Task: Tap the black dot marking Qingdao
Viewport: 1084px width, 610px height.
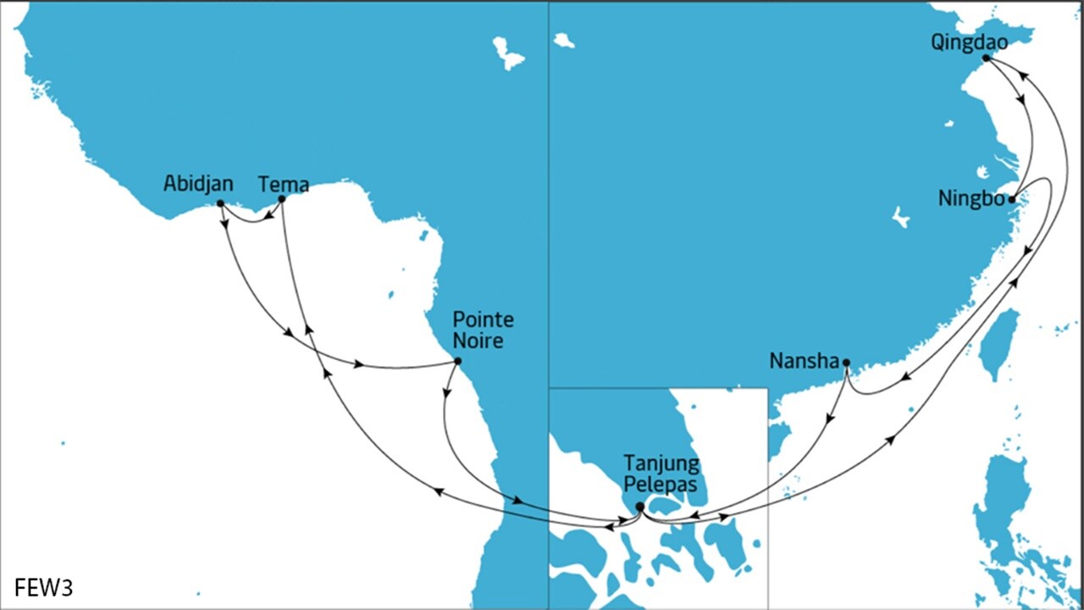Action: click(x=986, y=58)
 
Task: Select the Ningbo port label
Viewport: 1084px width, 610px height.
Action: click(x=971, y=199)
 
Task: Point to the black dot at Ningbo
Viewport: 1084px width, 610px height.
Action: click(x=1012, y=200)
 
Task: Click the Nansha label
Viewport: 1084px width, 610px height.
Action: click(x=803, y=361)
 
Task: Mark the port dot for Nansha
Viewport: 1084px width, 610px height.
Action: click(x=846, y=363)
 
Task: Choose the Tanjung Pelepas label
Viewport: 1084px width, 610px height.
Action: click(x=661, y=474)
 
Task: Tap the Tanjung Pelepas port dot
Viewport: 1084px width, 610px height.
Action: click(x=640, y=507)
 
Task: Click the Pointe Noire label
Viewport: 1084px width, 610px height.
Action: click(x=484, y=330)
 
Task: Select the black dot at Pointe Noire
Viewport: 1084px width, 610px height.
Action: click(x=458, y=361)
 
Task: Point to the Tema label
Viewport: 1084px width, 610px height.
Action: click(x=284, y=184)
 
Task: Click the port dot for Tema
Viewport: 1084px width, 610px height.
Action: click(x=282, y=199)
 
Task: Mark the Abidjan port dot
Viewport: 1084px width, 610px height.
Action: click(x=220, y=203)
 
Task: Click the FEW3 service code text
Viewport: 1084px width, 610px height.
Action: click(x=44, y=587)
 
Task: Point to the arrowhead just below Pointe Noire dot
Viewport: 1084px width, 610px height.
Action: click(x=447, y=392)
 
